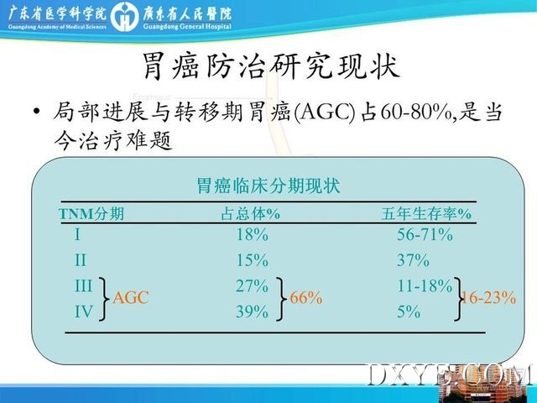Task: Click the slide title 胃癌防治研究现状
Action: pyautogui.click(x=271, y=66)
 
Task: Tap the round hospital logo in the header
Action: pyautogui.click(x=125, y=17)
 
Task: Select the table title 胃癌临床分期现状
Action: pyautogui.click(x=268, y=186)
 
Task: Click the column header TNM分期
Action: pyautogui.click(x=91, y=214)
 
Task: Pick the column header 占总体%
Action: pyautogui.click(x=251, y=214)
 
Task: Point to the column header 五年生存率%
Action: pyautogui.click(x=426, y=214)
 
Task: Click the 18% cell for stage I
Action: pyautogui.click(x=253, y=235)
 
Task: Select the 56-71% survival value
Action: pyautogui.click(x=425, y=235)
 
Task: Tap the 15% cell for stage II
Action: pyautogui.click(x=253, y=260)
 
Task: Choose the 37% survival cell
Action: pyautogui.click(x=413, y=260)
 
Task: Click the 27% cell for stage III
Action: pyautogui.click(x=253, y=285)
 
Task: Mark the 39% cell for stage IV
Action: pyautogui.click(x=253, y=311)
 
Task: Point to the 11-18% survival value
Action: pyautogui.click(x=425, y=285)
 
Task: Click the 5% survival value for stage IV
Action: pyautogui.click(x=409, y=311)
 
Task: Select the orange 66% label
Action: pyautogui.click(x=305, y=298)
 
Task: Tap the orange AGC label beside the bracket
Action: pyautogui.click(x=131, y=297)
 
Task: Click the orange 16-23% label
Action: pyautogui.click(x=488, y=298)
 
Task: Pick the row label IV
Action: pyautogui.click(x=84, y=311)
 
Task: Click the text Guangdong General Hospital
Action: pyautogui.click(x=187, y=26)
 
